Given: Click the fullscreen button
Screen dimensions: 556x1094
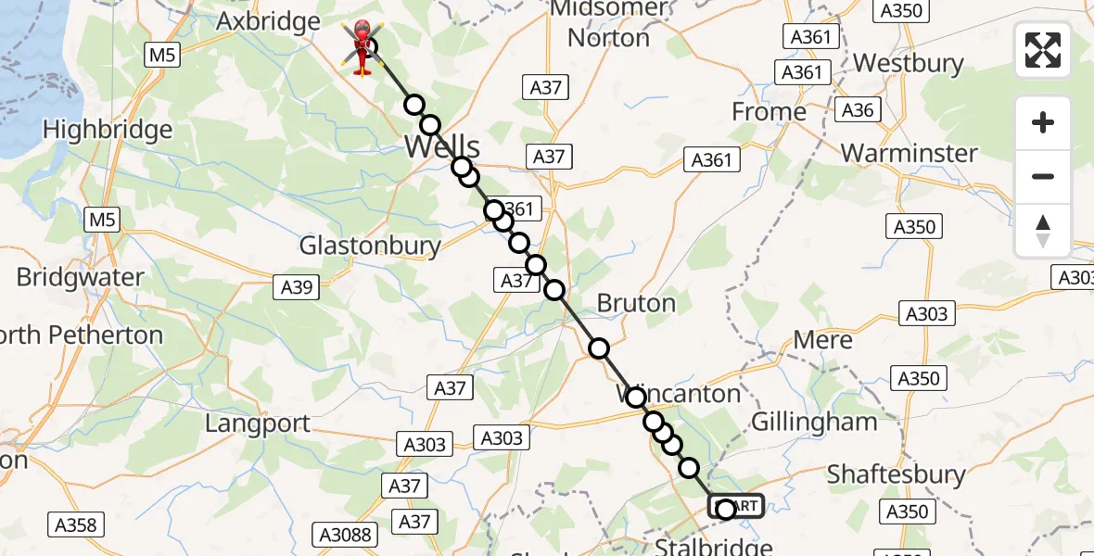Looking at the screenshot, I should pyautogui.click(x=1043, y=50).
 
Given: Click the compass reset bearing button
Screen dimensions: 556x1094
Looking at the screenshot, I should pyautogui.click(x=1043, y=231).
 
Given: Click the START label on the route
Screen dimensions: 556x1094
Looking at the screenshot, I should pyautogui.click(x=737, y=506).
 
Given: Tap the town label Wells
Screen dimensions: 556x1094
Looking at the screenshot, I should pyautogui.click(x=442, y=146).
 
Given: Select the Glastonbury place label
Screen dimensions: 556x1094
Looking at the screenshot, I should pyautogui.click(x=370, y=246).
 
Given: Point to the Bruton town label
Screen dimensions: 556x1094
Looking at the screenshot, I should pyautogui.click(x=636, y=303).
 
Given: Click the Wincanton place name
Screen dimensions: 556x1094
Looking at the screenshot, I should pyautogui.click(x=680, y=394).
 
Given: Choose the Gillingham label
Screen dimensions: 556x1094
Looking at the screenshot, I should pyautogui.click(x=814, y=422).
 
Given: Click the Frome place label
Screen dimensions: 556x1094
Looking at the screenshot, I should pyautogui.click(x=769, y=112).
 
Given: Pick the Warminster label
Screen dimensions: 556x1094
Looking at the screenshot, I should pyautogui.click(x=909, y=153).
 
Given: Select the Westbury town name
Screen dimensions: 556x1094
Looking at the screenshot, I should pyautogui.click(x=909, y=63).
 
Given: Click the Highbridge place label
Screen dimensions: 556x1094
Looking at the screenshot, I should pyautogui.click(x=108, y=129).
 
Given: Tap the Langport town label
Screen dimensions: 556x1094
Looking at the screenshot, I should pyautogui.click(x=258, y=423).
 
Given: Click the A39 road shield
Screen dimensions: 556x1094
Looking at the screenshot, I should pyautogui.click(x=297, y=287).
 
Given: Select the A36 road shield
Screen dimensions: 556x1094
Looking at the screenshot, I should pyautogui.click(x=858, y=110).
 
